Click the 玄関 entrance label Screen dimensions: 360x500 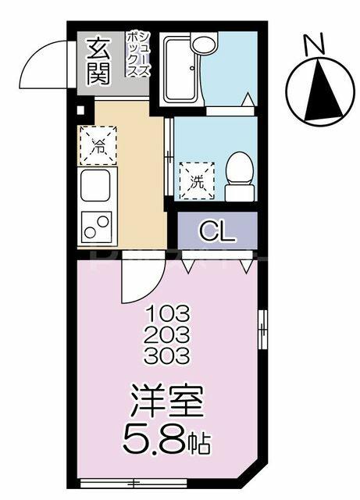click(x=98, y=61)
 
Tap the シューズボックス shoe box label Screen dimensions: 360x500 click(x=137, y=54)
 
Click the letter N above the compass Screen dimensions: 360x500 click(x=314, y=45)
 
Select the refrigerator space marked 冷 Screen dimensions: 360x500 click(x=98, y=145)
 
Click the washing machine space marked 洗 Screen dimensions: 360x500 click(x=197, y=180)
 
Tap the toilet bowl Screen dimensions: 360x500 click(x=240, y=176)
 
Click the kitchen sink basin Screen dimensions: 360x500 click(x=95, y=185)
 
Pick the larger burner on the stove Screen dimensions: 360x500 click(x=103, y=222)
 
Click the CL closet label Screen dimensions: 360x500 click(x=218, y=232)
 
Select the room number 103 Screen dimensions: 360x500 click(x=167, y=314)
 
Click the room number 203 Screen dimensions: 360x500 click(x=167, y=334)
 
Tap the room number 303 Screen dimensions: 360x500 click(x=167, y=355)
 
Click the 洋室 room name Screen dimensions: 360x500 click(x=167, y=401)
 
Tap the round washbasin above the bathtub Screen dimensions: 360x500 click(x=204, y=43)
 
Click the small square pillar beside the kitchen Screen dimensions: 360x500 click(x=80, y=110)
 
